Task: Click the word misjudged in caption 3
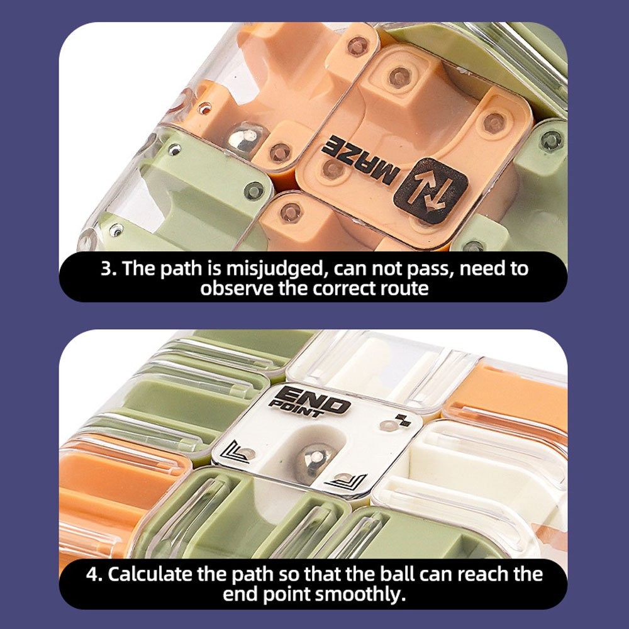(275, 269)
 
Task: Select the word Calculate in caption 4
(150, 574)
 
